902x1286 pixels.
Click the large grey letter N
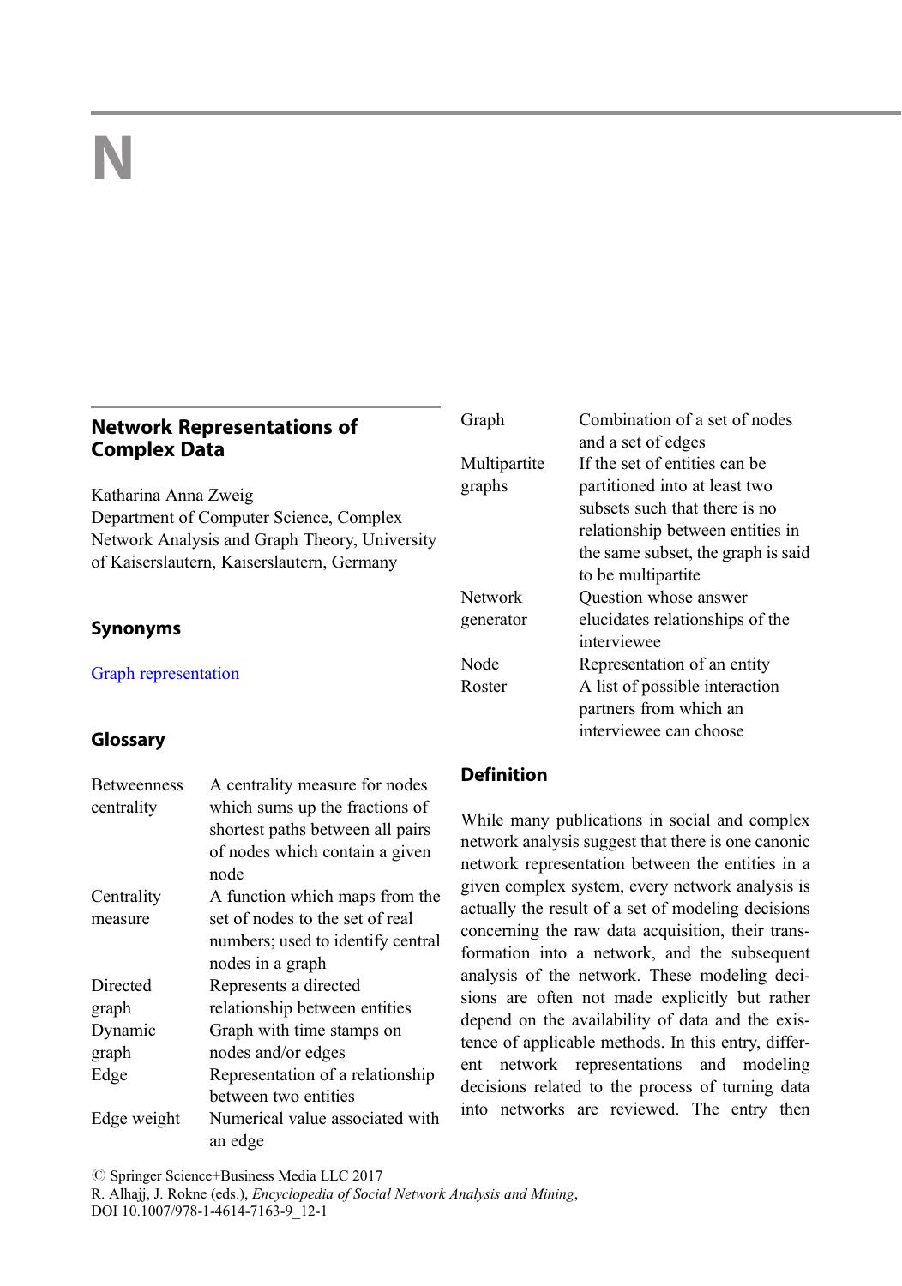point(112,159)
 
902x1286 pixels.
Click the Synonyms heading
point(135,628)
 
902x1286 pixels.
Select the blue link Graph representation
point(165,674)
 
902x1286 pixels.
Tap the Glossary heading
point(128,740)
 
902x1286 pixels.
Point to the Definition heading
point(503,775)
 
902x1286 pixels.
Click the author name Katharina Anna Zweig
point(171,496)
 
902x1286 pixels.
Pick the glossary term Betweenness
point(136,785)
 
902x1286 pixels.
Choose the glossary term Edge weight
point(135,1119)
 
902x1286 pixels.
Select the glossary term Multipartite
point(502,464)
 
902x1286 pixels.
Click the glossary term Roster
point(483,687)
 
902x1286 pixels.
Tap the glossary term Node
point(479,664)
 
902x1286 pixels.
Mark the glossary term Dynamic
point(123,1031)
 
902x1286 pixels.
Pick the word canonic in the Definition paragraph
point(780,843)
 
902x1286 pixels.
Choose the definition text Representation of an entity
point(674,664)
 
